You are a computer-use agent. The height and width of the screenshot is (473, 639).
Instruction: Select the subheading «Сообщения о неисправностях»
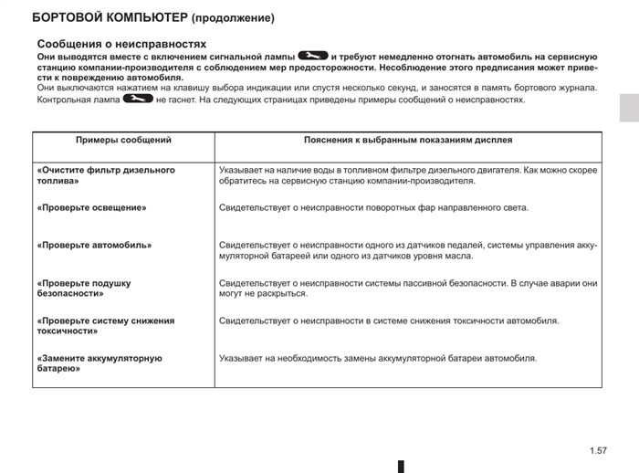pos(121,44)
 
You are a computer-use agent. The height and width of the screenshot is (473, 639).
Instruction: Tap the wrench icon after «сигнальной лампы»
pos(312,57)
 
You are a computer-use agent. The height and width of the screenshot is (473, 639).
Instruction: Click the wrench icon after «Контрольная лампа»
pos(137,99)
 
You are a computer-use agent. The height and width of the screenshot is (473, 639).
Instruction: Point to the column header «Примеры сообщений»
pos(123,141)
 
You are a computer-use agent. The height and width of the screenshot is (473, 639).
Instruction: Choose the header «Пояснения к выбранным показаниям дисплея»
pos(407,141)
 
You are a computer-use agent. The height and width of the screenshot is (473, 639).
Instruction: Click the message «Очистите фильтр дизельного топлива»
pos(106,175)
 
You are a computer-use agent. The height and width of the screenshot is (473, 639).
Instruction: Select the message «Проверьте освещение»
pos(92,207)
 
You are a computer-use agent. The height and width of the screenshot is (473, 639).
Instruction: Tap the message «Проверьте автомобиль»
pos(95,245)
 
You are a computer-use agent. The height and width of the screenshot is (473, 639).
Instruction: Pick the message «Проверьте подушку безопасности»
pos(84,289)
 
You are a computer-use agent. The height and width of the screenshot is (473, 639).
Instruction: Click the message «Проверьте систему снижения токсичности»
pos(106,326)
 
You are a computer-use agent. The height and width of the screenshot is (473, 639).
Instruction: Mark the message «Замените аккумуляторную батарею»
pos(100,363)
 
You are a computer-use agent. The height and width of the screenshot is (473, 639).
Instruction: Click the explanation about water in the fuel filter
pos(408,175)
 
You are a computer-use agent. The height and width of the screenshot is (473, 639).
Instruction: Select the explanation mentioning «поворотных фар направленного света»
pos(373,207)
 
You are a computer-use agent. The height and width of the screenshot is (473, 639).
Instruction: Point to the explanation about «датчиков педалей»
pos(408,250)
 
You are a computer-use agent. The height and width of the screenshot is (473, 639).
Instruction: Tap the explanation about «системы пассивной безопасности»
pos(408,289)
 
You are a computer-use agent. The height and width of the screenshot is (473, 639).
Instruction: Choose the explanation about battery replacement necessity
pos(378,358)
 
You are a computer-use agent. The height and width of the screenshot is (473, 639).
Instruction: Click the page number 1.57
pos(599,450)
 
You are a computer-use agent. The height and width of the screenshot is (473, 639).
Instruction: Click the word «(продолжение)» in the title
pos(232,17)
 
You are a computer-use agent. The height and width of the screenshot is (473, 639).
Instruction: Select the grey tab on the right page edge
pos(629,107)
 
